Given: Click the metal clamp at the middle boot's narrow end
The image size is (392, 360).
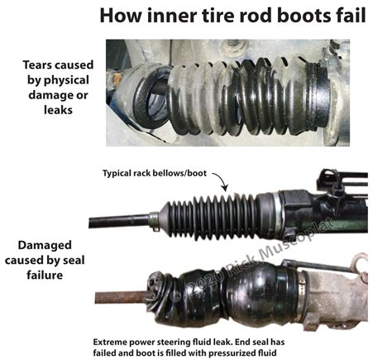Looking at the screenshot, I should pos(154,221).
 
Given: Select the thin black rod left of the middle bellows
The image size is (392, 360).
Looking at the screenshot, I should pos(120,221).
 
